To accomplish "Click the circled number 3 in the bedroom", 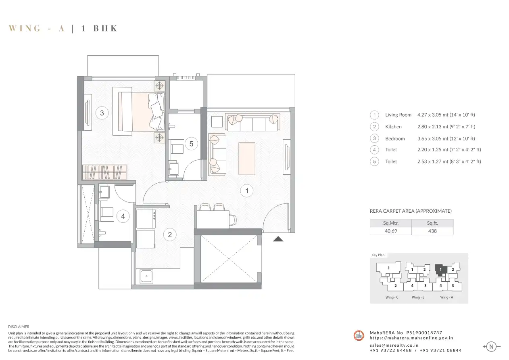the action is pyautogui.click(x=102, y=113).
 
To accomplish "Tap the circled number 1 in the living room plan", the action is pyautogui.click(x=247, y=190).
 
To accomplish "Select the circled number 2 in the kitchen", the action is pyautogui.click(x=170, y=234).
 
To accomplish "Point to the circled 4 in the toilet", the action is pyautogui.click(x=123, y=216).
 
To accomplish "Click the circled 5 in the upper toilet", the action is pyautogui.click(x=191, y=144).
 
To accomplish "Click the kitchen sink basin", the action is pyautogui.click(x=146, y=276).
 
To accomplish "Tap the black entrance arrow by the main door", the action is pyautogui.click(x=278, y=239).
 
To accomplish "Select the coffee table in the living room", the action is pyautogui.click(x=247, y=159).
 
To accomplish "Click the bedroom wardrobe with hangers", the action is pyautogui.click(x=104, y=172).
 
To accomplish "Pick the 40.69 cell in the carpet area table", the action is pyautogui.click(x=390, y=231).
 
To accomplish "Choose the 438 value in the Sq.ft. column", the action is pyautogui.click(x=432, y=231).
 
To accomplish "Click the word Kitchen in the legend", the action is pyautogui.click(x=393, y=127).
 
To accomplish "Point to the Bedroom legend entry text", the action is pyautogui.click(x=395, y=138).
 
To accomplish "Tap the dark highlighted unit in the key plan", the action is pyautogui.click(x=440, y=270).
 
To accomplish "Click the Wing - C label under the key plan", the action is pyautogui.click(x=392, y=297).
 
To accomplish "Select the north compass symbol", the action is pyautogui.click(x=491, y=347).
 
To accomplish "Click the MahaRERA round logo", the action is pyautogui.click(x=359, y=335).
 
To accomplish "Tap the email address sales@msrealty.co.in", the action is pyautogui.click(x=394, y=345).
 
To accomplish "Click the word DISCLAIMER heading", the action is pyautogui.click(x=19, y=327).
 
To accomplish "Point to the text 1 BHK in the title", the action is pyautogui.click(x=99, y=28).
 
